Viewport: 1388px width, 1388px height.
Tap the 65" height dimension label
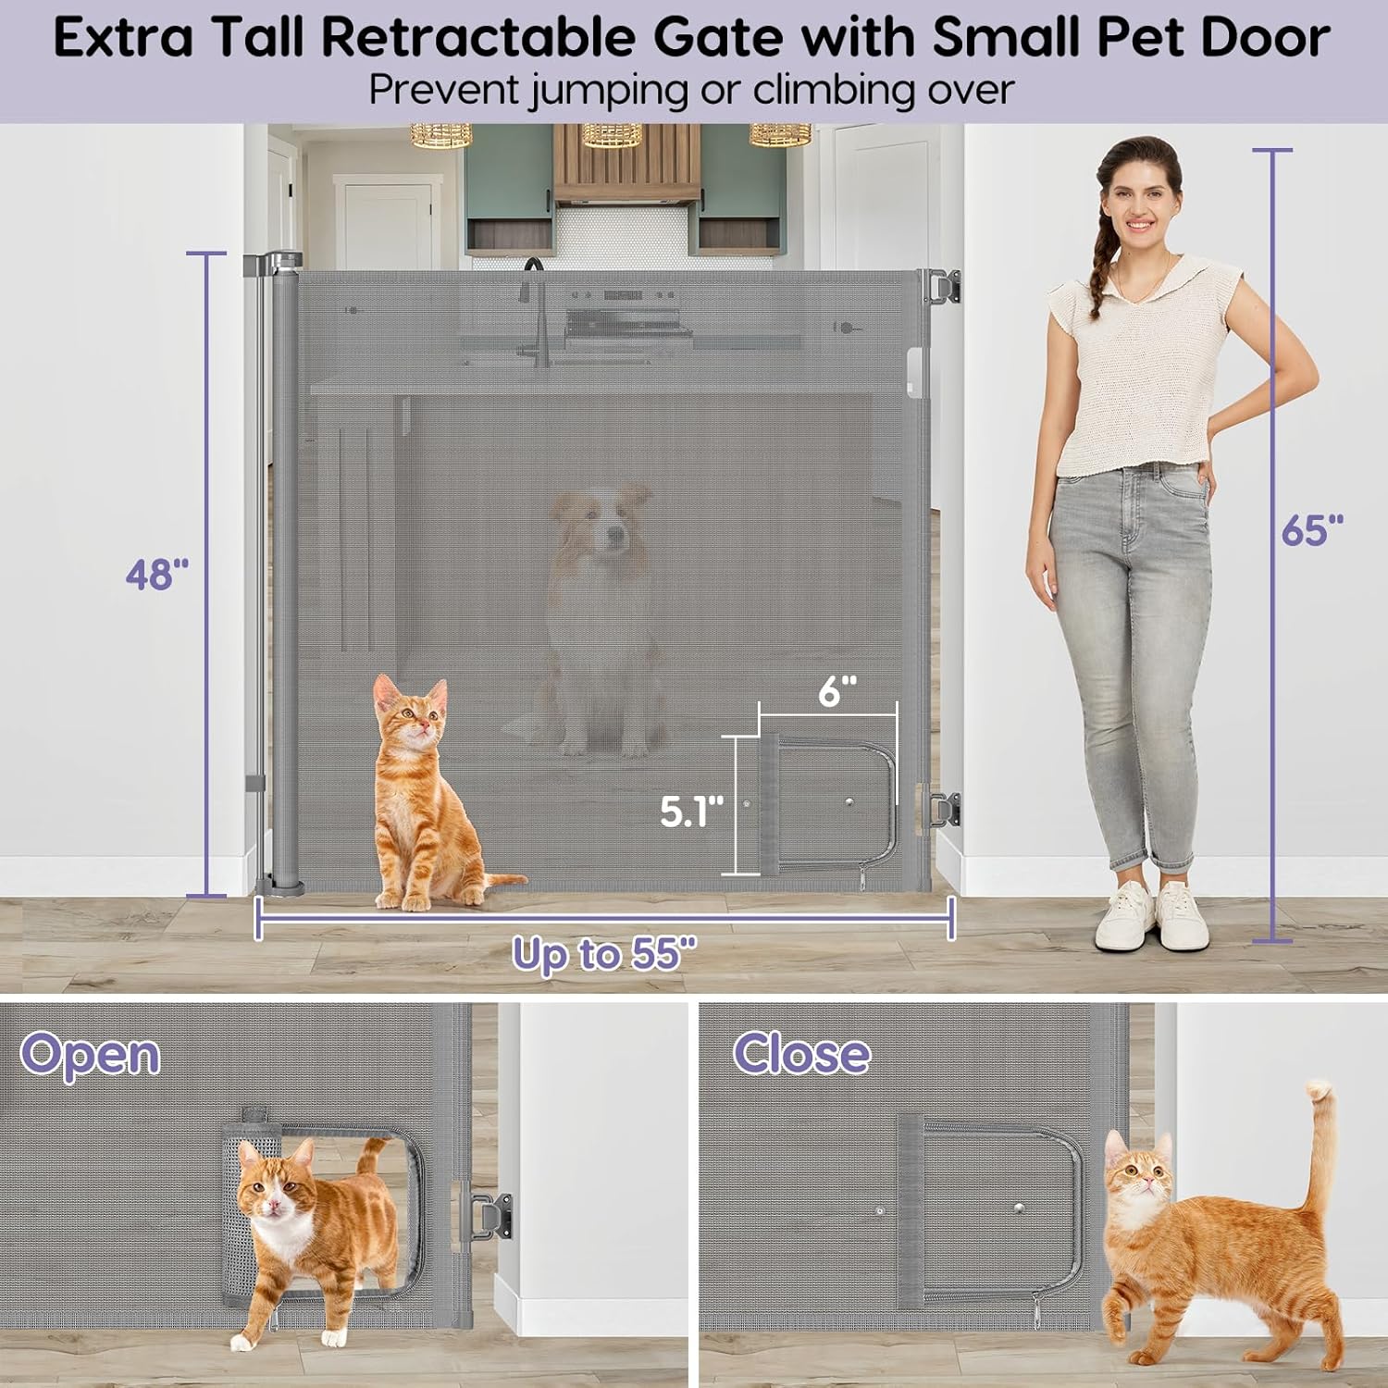pos(1312,531)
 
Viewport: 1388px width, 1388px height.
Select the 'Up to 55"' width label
pos(604,953)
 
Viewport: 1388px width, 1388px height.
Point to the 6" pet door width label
pos(837,691)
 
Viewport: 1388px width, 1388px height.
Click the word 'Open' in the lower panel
pos(91,1055)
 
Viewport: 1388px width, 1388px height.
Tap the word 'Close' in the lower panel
pos(801,1053)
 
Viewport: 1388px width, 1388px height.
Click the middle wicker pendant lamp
pos(612,135)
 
